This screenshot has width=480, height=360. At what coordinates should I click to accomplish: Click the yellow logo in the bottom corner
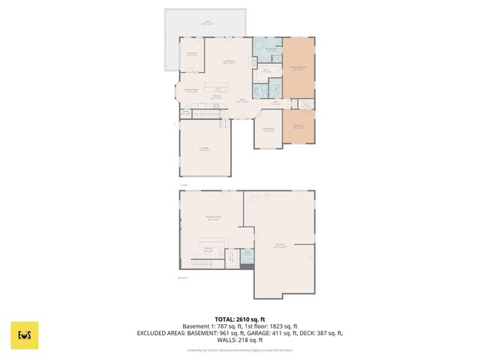point(24,335)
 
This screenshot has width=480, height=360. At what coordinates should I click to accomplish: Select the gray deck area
point(207,23)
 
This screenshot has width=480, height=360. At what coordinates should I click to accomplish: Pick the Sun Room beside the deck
point(192,54)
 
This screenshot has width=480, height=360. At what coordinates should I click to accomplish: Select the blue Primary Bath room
point(266,49)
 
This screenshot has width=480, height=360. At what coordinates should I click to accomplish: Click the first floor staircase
point(205,113)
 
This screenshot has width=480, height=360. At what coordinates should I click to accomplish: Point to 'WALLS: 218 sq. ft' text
point(240,340)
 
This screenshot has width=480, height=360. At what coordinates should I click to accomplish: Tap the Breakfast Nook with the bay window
point(190,90)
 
